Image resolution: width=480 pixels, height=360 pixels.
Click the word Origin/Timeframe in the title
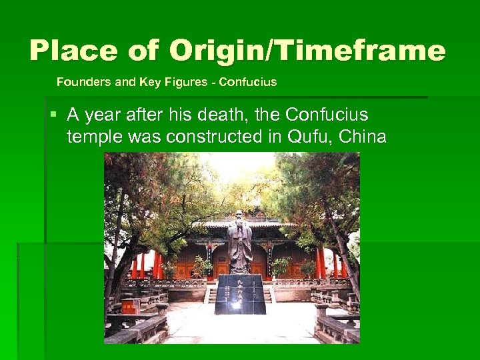307,51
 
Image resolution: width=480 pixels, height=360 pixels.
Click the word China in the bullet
363,138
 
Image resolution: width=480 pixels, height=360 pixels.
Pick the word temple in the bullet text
93,138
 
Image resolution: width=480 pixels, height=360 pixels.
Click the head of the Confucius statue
239,216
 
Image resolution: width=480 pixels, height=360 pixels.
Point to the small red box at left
131,305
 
